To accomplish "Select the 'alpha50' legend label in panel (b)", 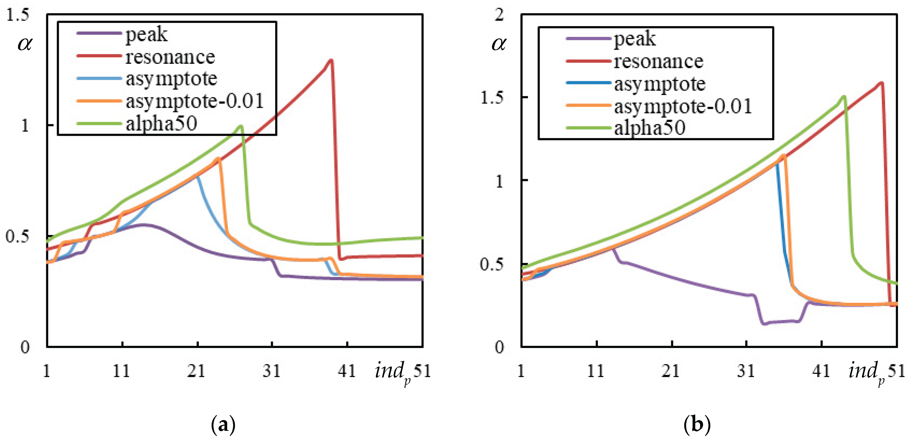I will tap(650, 127).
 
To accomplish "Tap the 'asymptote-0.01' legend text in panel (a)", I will tap(195, 101).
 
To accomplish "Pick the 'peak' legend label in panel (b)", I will tap(635, 38).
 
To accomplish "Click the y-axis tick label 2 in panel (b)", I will tap(499, 15).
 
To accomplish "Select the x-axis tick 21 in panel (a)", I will tap(197, 371).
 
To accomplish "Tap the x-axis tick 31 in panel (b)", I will tap(746, 371).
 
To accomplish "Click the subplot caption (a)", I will tap(223, 425).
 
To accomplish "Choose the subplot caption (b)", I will tap(697, 425).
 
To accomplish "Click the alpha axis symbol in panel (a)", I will tap(25, 44).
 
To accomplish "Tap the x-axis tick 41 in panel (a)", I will tap(347, 371).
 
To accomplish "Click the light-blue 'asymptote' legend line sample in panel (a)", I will tap(99, 78).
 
